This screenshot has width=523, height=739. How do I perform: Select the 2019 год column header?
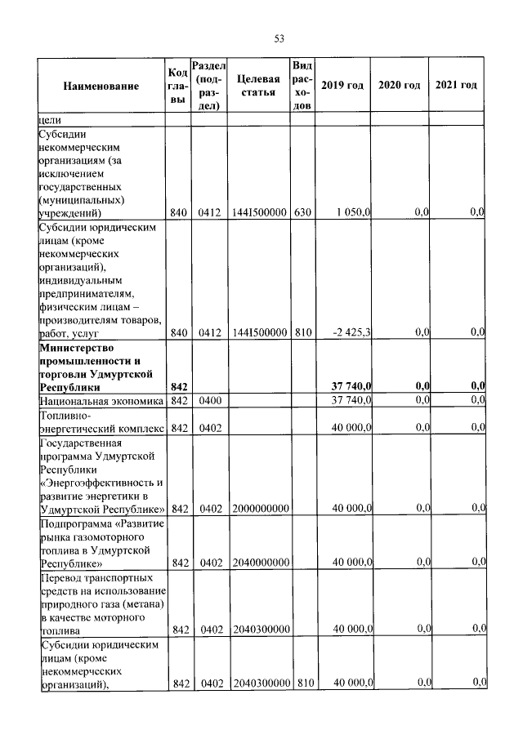coord(342,86)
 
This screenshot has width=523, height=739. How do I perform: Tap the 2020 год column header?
coord(400,86)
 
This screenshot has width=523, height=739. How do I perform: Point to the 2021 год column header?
coord(456,86)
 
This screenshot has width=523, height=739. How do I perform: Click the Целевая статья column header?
coord(259,86)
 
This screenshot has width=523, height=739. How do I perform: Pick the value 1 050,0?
coord(354,212)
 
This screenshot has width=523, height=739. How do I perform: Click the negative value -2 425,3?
coord(352,333)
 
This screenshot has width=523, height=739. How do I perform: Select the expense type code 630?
coord(303,212)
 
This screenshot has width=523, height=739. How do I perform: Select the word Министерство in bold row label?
coord(74,347)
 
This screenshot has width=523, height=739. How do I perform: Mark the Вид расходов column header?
coord(302,86)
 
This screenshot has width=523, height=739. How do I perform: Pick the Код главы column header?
coord(179,86)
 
